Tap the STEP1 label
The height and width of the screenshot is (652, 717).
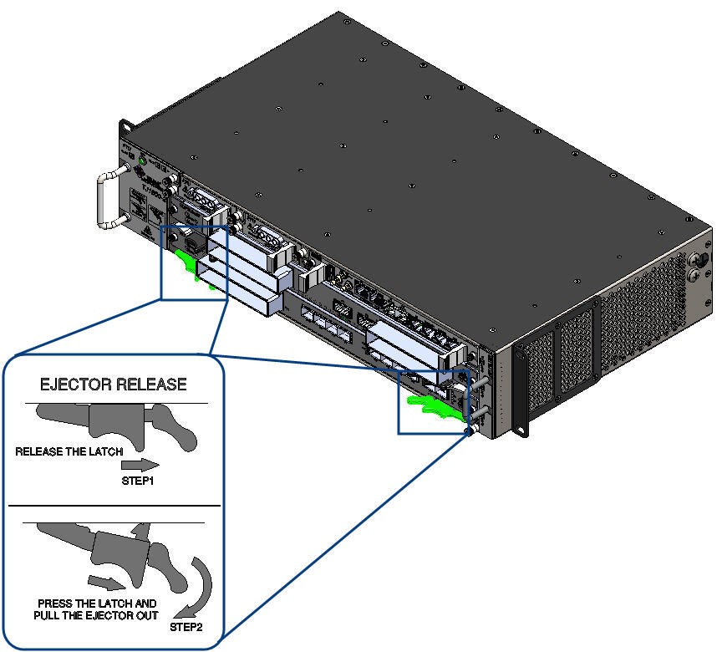pyautogui.click(x=138, y=481)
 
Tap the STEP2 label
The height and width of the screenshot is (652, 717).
pyautogui.click(x=186, y=626)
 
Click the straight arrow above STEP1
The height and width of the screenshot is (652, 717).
pyautogui.click(x=144, y=464)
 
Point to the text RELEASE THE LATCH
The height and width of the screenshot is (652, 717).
pyautogui.click(x=69, y=451)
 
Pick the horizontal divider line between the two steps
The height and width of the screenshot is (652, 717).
pyautogui.click(x=114, y=505)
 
